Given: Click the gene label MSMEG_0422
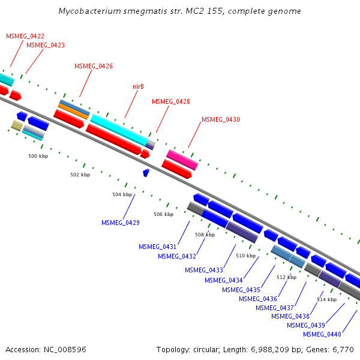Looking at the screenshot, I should pyautogui.click(x=25, y=36).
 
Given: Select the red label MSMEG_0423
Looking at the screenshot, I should pyautogui.click(x=46, y=45).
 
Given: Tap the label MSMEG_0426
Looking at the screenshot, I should pyautogui.click(x=94, y=66).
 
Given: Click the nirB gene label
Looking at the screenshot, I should pyautogui.click(x=138, y=86).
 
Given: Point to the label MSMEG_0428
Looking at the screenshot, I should pyautogui.click(x=171, y=101).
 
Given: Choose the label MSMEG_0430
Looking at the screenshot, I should pyautogui.click(x=221, y=119).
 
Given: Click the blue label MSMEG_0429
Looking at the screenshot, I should pyautogui.click(x=121, y=223).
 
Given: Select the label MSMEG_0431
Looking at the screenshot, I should pyautogui.click(x=158, y=247).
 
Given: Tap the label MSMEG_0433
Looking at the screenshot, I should pyautogui.click(x=204, y=270).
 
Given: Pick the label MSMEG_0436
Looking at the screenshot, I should pyautogui.click(x=258, y=299).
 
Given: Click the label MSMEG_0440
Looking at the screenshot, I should pyautogui.click(x=322, y=334).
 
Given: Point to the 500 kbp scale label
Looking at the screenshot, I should pyautogui.click(x=38, y=156).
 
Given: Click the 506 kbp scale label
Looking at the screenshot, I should pyautogui.click(x=163, y=214).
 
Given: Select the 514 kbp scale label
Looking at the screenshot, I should pyautogui.click(x=326, y=299).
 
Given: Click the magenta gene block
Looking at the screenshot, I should pyautogui.click(x=182, y=160).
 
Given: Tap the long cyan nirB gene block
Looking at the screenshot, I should pyautogui.click(x=119, y=129).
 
